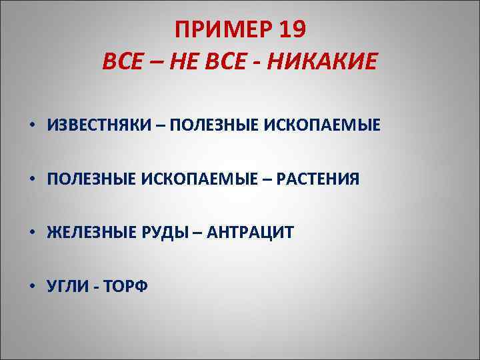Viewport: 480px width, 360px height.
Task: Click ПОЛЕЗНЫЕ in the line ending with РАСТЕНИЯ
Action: [x=91, y=179]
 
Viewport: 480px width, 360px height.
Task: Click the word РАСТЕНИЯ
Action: [x=317, y=179]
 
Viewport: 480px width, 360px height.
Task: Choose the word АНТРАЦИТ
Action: [x=251, y=233]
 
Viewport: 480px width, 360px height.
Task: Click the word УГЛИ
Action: [x=67, y=287]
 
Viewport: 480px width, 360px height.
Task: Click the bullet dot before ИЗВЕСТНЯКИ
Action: [x=32, y=125]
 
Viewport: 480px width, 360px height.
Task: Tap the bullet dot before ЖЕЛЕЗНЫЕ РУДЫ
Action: [x=32, y=233]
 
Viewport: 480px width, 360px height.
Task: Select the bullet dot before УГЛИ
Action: [x=32, y=287]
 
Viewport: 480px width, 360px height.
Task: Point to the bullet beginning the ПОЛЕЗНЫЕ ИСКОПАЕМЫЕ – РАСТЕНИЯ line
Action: [x=32, y=179]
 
